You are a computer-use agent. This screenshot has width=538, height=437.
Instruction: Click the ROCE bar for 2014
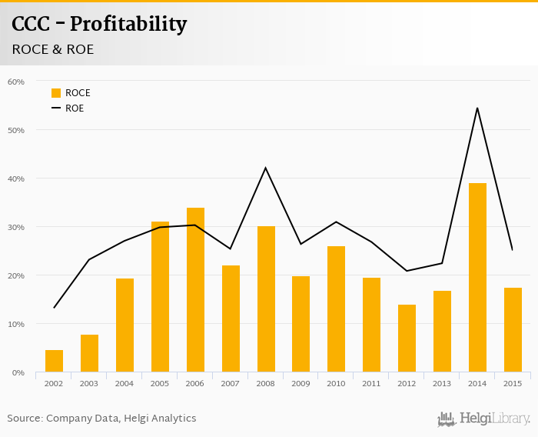(477, 278)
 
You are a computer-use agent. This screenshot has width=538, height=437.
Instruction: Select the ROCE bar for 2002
(54, 362)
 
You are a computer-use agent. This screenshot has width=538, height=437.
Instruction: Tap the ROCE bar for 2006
(195, 290)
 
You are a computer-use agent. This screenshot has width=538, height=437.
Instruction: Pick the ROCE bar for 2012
(407, 339)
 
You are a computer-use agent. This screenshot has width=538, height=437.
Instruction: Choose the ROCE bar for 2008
(266, 299)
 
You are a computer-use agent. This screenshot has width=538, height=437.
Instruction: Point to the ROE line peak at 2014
(477, 108)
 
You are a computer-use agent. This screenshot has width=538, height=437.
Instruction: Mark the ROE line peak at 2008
(266, 168)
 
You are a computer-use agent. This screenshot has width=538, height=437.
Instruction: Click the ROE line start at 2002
(54, 308)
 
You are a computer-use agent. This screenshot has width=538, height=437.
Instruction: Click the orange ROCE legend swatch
(56, 93)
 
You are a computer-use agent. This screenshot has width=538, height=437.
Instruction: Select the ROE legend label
(75, 108)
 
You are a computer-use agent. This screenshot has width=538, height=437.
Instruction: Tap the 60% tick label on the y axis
(15, 82)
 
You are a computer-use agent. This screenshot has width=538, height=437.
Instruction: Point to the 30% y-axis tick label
(15, 227)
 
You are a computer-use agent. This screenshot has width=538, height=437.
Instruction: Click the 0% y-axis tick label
(18, 373)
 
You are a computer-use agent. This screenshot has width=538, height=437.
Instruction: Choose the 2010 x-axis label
(337, 383)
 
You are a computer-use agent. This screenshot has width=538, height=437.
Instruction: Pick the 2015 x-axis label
(513, 383)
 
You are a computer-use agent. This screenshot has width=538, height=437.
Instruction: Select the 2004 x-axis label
(125, 383)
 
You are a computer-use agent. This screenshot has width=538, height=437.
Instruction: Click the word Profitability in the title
(128, 25)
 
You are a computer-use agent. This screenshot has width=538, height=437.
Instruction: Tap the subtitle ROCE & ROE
(53, 49)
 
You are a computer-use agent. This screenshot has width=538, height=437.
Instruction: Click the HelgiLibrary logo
(483, 419)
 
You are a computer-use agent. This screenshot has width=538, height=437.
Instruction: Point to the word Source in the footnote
(25, 419)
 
